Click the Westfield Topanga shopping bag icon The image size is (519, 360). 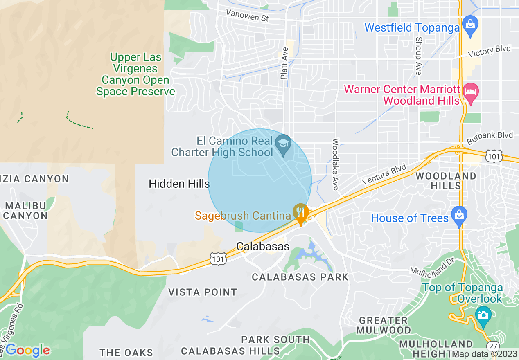point(470,24)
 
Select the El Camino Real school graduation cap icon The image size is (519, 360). point(283,144)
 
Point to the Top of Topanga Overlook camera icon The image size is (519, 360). point(483,315)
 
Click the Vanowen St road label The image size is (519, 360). point(247,16)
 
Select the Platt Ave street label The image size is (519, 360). point(284,63)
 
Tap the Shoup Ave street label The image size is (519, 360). point(418,56)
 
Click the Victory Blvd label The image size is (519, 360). point(489,51)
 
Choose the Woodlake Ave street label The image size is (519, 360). point(336,164)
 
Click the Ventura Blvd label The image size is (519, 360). point(384,175)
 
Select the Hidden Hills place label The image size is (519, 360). point(179,184)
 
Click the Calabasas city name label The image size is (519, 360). point(263,247)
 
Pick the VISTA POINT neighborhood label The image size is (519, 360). point(203,292)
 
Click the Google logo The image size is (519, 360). point(27,350)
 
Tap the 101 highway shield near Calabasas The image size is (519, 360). point(217,258)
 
